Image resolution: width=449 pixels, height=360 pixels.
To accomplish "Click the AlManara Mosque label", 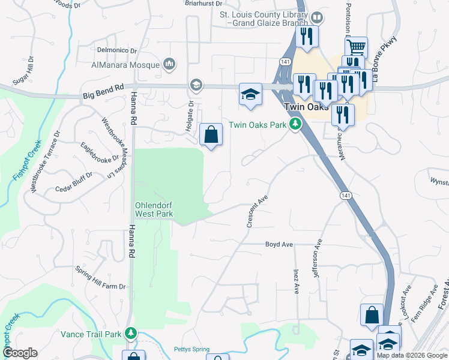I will point(125,65).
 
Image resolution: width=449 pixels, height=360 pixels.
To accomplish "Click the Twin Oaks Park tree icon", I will point(295,124).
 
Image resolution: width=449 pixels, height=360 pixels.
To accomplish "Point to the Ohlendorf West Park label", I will point(154,209).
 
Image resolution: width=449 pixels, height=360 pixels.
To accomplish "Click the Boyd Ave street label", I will point(279,244).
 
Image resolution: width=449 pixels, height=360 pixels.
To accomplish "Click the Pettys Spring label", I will point(190,349).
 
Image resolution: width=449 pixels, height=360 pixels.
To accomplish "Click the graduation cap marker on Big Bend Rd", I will point(250,94).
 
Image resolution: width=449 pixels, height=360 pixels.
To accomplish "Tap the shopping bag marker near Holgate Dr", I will point(211,135).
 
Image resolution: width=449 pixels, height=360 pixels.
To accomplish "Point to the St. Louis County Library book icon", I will point(316,18).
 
